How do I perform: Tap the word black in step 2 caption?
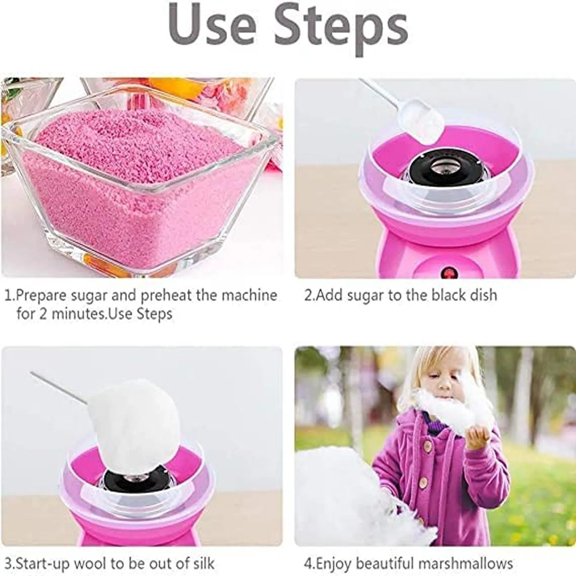point(448,295)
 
